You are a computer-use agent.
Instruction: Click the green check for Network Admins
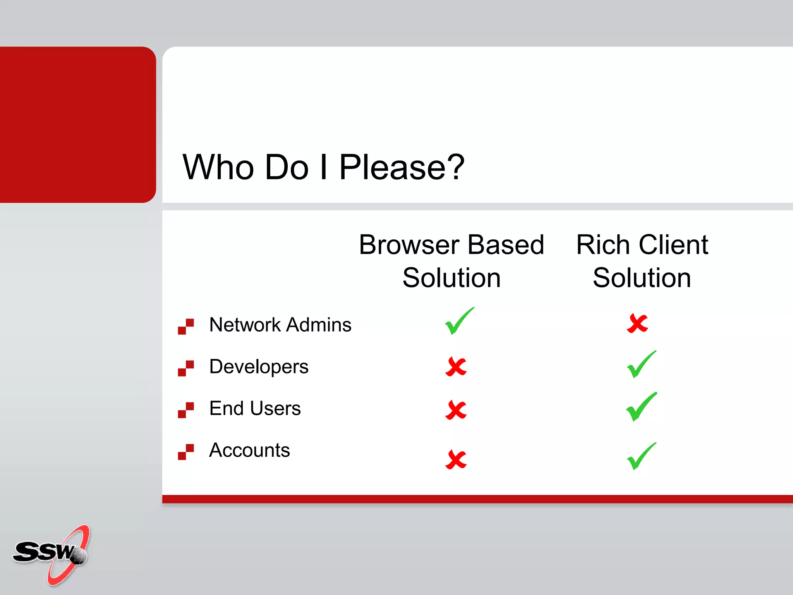click(458, 322)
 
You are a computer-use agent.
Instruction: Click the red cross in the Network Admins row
click(637, 323)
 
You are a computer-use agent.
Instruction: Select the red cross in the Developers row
click(456, 366)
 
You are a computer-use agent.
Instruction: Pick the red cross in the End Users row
click(456, 410)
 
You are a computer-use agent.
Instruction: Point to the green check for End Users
click(641, 407)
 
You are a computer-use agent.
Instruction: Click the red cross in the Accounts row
click(456, 459)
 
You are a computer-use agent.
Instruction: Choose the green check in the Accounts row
click(641, 457)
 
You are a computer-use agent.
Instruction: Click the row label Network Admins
click(280, 325)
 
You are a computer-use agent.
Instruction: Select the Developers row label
click(259, 366)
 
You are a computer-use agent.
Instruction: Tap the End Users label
click(255, 408)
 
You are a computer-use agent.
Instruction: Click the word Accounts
click(249, 450)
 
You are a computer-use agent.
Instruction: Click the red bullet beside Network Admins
click(186, 327)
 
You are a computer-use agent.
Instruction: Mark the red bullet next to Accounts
click(186, 452)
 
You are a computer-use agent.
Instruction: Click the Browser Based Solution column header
click(451, 261)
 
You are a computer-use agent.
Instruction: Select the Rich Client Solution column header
click(642, 261)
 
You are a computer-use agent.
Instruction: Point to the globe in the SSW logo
click(79, 556)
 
